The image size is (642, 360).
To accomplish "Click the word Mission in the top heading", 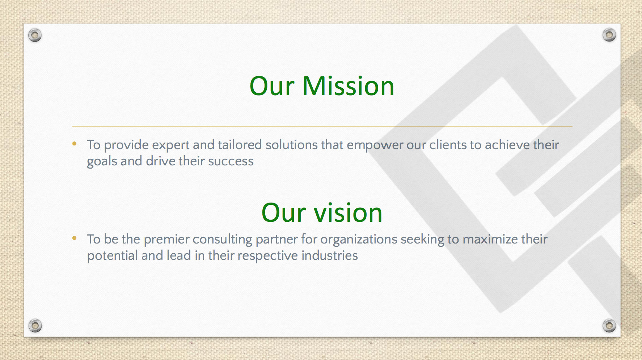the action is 348,86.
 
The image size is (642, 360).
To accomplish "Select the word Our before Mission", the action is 272,86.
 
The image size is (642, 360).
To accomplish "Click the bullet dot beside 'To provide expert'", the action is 75,144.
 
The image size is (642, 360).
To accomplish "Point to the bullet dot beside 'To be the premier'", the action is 75,238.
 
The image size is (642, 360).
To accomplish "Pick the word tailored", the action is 240,145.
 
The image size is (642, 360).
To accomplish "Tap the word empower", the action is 375,145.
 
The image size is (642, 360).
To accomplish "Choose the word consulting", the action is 222,240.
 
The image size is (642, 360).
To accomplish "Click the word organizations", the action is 359,240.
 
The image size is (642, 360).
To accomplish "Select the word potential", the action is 112,256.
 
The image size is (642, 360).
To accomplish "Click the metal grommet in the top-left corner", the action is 35,35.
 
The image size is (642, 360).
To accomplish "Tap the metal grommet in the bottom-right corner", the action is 609,326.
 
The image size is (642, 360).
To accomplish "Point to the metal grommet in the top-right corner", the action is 609,35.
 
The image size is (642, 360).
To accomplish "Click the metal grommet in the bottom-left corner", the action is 35,326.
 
